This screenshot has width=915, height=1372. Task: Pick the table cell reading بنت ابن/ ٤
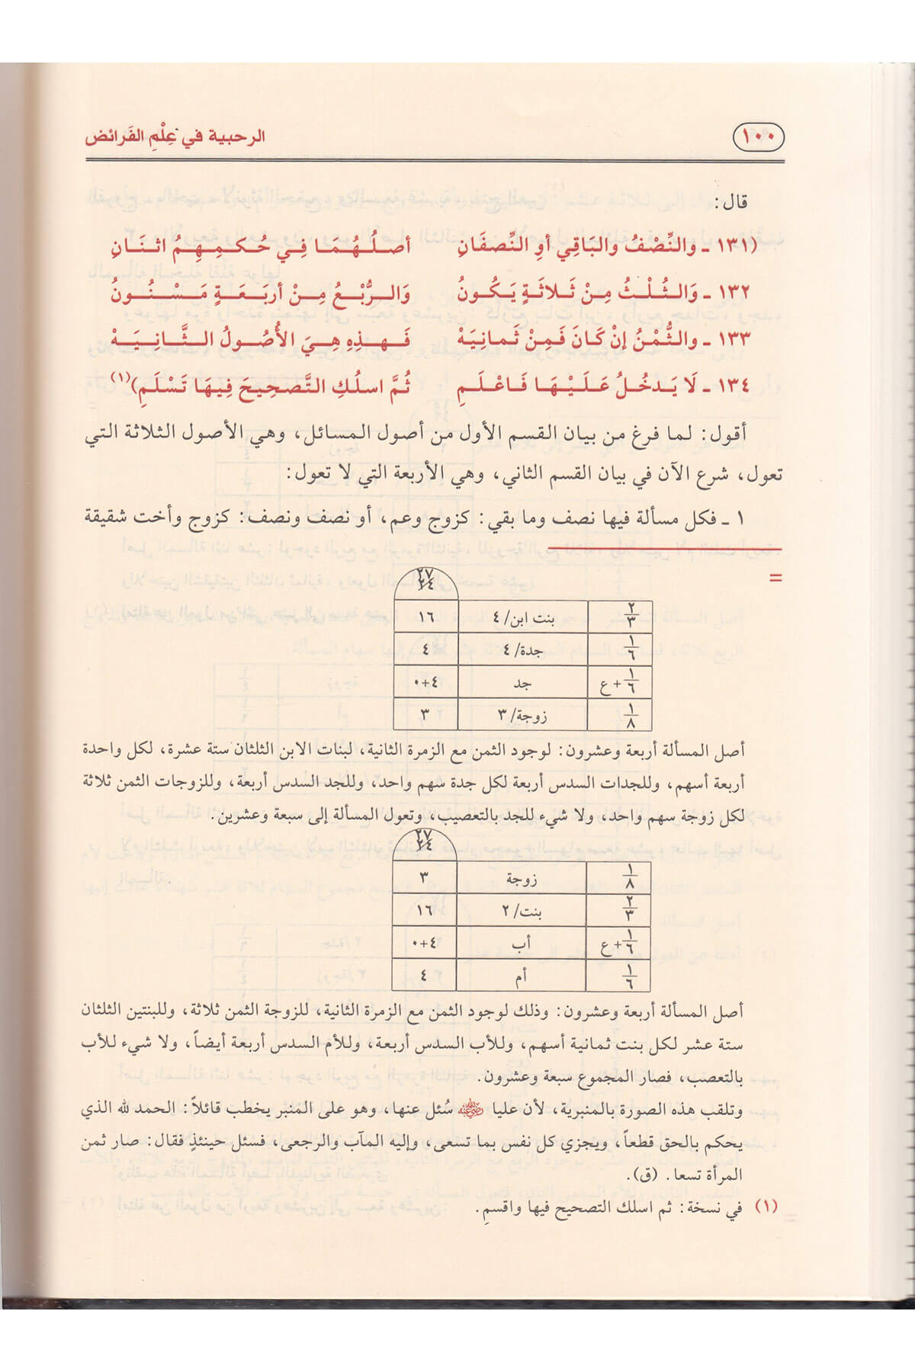pos(522,617)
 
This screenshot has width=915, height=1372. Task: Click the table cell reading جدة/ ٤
pos(522,650)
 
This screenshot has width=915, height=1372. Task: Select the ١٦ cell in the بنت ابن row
pos(425,617)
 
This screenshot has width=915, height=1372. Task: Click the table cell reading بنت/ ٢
pos(522,910)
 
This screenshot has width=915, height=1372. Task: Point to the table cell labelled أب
pos(522,943)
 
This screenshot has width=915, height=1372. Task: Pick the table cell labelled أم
pos(522,976)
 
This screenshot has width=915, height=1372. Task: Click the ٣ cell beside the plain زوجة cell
pos(425,877)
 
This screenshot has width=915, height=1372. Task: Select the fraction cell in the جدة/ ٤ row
pos(620,650)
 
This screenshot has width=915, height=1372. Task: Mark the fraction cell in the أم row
pos(620,976)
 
